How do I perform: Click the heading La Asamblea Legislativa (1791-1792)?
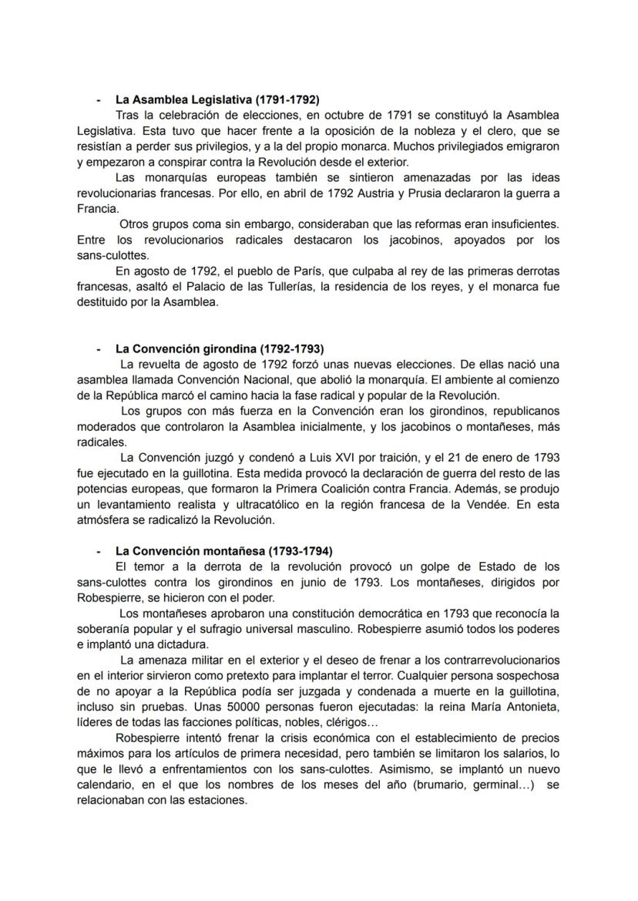[217, 99]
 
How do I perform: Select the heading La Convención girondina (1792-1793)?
[220, 348]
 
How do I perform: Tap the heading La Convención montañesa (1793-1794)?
[223, 551]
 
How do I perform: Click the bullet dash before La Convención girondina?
[98, 348]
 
